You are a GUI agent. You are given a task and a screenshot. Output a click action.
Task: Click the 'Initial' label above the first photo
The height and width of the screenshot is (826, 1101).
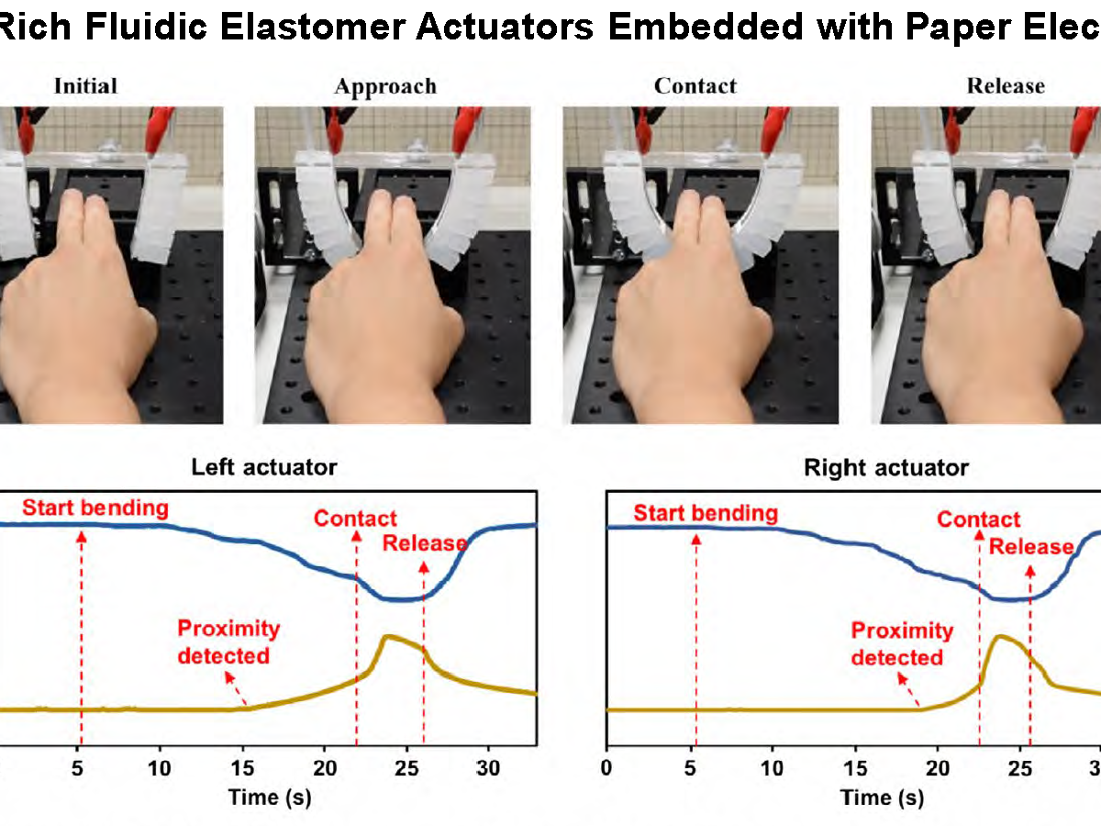pos(85,85)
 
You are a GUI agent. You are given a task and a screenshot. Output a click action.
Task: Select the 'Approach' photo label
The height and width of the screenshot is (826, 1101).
pos(385,87)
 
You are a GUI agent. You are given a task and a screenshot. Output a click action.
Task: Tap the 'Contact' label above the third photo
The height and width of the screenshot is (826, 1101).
pos(695,85)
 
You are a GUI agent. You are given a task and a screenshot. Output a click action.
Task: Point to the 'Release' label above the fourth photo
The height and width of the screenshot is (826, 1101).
pos(1006,85)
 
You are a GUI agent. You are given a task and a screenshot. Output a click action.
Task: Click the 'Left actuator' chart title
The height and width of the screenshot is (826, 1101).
pos(264,467)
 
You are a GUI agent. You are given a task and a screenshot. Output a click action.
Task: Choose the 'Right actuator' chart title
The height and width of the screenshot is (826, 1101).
pos(885,468)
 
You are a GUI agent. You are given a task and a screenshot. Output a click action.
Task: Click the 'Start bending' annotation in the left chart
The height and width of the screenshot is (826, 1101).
pos(95,508)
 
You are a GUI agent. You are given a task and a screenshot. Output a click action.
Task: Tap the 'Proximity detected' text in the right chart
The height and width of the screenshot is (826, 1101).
pos(902,644)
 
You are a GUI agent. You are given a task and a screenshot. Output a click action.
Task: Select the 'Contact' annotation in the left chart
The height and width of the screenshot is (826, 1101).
pos(355,518)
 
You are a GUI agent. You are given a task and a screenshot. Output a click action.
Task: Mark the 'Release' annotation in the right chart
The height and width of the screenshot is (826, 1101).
pos(1030,546)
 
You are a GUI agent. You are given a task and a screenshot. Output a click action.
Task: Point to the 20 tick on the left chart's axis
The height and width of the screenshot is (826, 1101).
pos(325,768)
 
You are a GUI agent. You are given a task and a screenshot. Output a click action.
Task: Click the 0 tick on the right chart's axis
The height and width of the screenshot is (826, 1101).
pos(606,768)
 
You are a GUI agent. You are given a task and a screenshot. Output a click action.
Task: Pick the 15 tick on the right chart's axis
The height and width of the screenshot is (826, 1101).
pos(855,768)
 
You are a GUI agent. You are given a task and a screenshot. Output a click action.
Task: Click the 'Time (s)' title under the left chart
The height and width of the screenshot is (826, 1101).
pos(270,798)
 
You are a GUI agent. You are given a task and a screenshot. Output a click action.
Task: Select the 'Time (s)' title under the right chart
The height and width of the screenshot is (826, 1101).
pos(883,798)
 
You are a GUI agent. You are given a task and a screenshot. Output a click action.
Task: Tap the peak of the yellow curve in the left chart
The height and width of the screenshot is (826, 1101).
pos(387,637)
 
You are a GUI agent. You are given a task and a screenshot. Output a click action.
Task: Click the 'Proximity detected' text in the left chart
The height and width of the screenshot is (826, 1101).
pos(228,642)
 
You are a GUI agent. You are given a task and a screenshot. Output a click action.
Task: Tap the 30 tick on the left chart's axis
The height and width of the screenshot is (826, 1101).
pos(488,768)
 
